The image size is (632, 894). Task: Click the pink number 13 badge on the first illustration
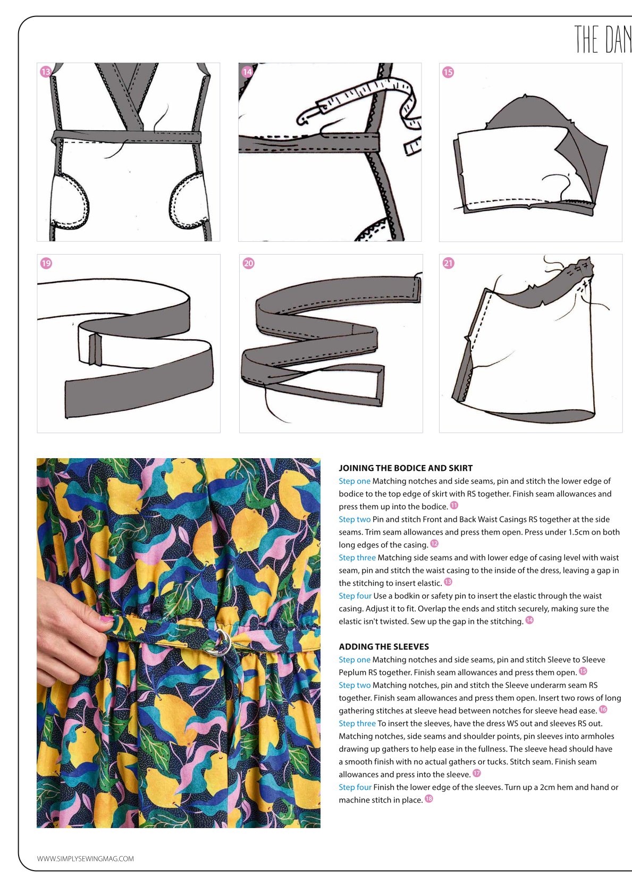(46, 72)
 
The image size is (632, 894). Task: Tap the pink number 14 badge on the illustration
(247, 72)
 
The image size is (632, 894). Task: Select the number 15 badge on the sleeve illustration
(448, 72)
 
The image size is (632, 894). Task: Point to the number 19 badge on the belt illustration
(46, 264)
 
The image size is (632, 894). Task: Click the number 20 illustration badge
(248, 264)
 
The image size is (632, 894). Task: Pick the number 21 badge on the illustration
(448, 264)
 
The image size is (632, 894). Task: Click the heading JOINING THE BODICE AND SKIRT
(406, 468)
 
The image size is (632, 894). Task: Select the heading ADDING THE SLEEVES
(384, 646)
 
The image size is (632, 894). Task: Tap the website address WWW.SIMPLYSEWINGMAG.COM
(86, 858)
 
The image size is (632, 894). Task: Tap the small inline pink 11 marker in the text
(454, 505)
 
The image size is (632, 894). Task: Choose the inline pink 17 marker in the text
(477, 773)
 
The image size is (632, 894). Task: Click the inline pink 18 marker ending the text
(429, 799)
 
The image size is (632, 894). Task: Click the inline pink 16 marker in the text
(603, 709)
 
